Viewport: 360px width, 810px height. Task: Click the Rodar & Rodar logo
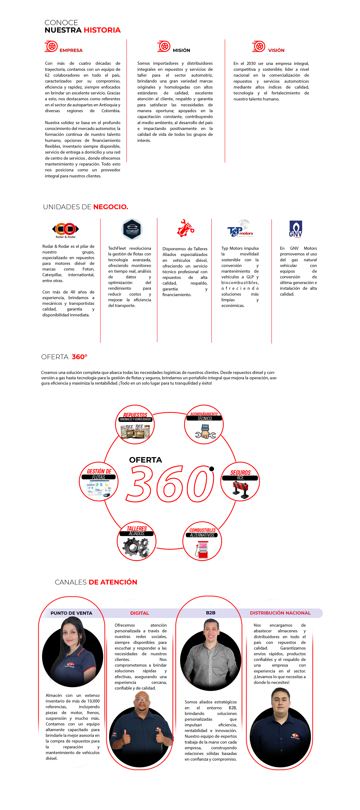point(65,230)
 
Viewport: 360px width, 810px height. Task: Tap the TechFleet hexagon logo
point(132,229)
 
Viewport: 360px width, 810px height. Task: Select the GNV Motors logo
point(295,229)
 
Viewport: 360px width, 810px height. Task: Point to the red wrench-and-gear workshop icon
point(186,228)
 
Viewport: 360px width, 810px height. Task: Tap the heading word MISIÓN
point(181,50)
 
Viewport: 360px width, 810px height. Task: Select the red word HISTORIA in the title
point(102,30)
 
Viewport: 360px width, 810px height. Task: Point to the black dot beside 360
point(212,469)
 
